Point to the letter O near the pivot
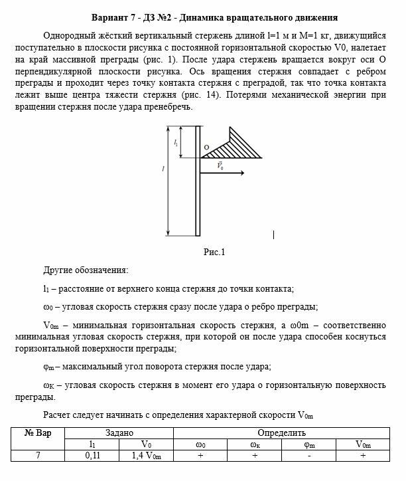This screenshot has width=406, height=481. (x=206, y=147)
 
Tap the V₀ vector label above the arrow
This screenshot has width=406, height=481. (x=220, y=165)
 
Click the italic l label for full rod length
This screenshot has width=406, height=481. (x=163, y=169)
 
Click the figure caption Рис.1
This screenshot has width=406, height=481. (x=214, y=252)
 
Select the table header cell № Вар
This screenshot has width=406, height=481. (x=38, y=432)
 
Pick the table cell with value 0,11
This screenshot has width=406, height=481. (x=92, y=456)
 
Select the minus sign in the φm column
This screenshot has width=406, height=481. (x=308, y=456)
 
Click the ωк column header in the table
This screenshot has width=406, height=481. (x=255, y=444)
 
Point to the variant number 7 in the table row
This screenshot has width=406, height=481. (x=38, y=456)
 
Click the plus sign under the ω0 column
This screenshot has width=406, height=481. (x=200, y=456)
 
